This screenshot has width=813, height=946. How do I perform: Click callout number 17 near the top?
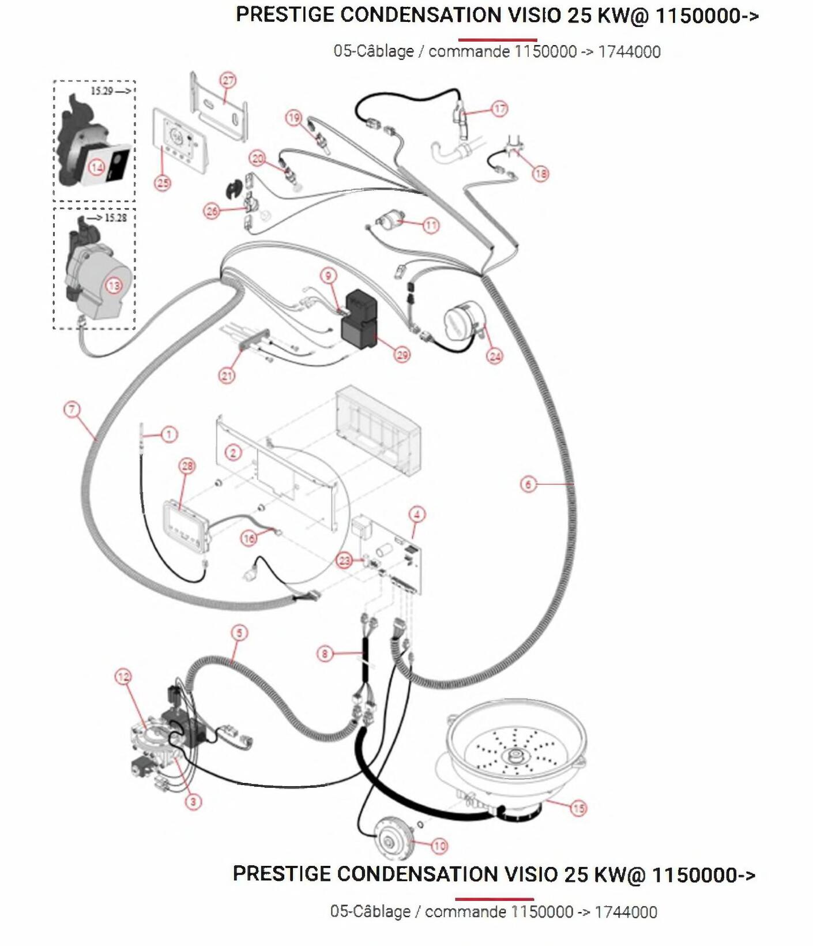(499, 108)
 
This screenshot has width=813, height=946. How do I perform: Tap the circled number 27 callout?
(228, 80)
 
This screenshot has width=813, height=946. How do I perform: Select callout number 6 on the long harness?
(528, 484)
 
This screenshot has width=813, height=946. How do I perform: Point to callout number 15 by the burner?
(578, 808)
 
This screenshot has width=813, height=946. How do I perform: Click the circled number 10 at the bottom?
(439, 846)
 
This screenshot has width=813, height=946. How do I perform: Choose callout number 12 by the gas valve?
(123, 677)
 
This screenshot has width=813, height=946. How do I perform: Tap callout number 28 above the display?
(187, 466)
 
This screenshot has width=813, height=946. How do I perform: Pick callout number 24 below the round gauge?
(495, 356)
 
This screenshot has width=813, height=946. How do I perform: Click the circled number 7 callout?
(71, 410)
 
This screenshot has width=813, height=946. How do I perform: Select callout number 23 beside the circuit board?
(344, 560)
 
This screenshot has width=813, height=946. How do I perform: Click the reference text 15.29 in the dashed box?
(102, 91)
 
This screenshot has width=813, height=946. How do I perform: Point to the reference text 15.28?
(115, 218)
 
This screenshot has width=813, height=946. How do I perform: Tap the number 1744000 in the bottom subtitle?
(626, 912)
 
